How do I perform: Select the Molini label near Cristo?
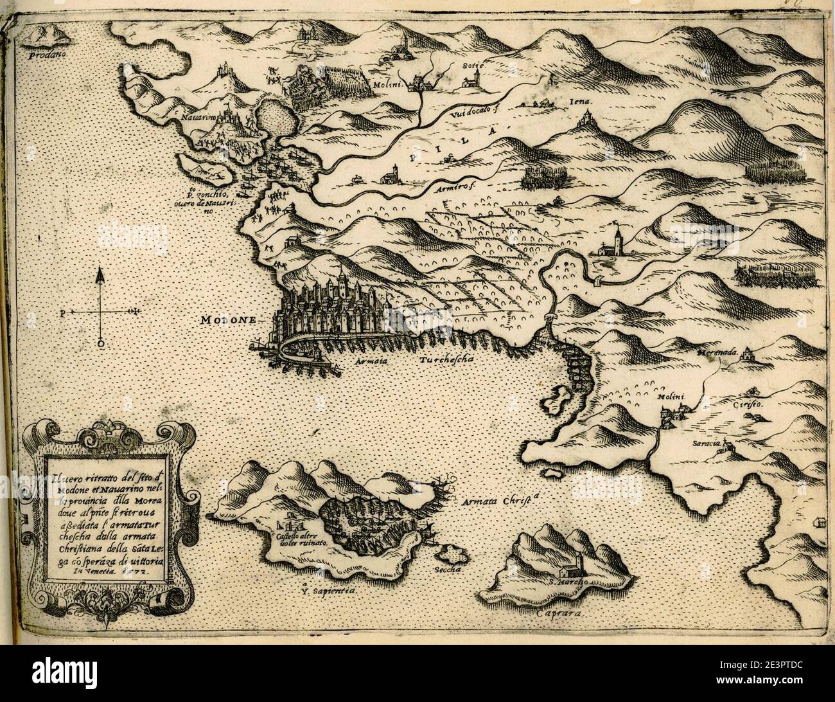(668, 397)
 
